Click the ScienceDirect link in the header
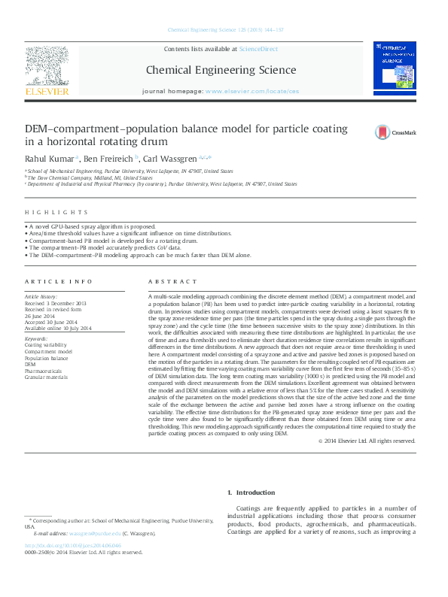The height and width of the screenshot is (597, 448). [x=258, y=49]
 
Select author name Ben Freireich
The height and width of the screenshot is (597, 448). [x=110, y=159]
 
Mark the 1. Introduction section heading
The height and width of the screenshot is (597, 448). [x=251, y=492]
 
